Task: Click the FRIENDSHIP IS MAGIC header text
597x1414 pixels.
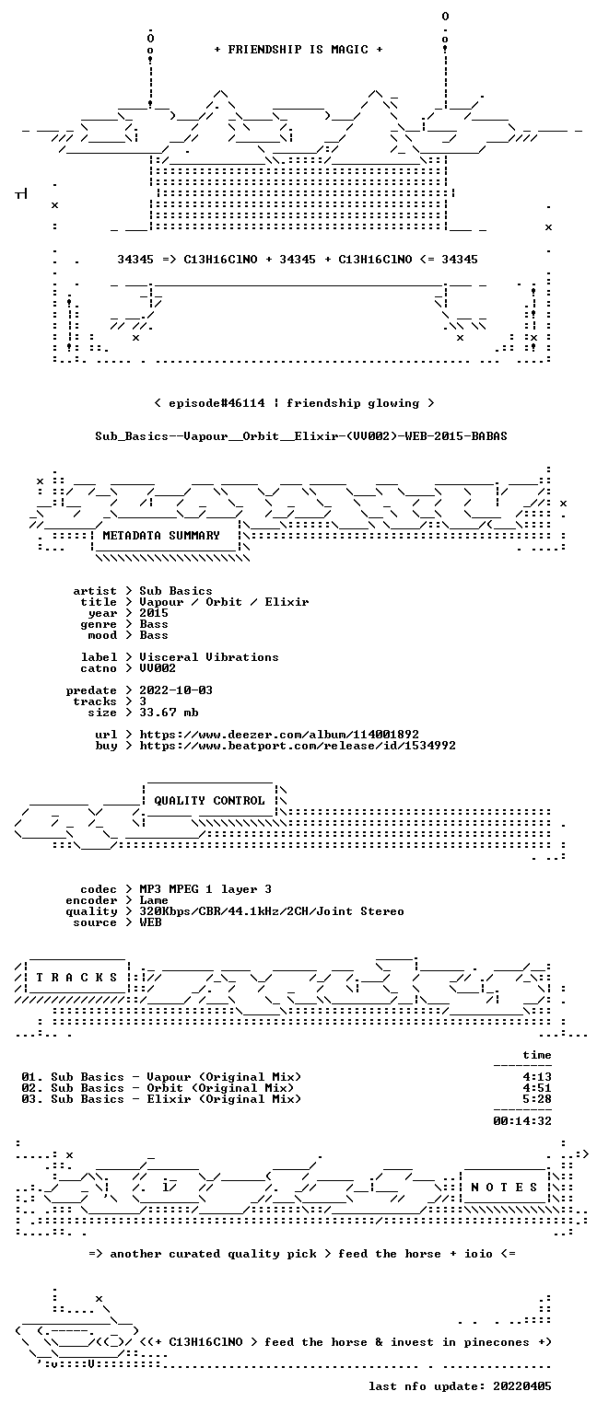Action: click(298, 50)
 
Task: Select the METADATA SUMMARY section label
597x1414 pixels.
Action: click(161, 535)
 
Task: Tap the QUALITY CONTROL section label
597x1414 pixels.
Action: click(209, 800)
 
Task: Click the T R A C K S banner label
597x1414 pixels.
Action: click(76, 977)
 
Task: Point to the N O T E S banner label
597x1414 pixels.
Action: click(504, 1188)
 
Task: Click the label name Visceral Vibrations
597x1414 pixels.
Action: click(209, 657)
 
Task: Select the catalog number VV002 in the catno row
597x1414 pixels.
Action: click(158, 667)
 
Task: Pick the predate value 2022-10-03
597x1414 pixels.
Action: click(176, 690)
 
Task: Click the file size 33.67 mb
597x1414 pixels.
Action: click(169, 712)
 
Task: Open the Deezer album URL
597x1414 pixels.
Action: click(279, 734)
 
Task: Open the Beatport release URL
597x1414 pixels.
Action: click(298, 746)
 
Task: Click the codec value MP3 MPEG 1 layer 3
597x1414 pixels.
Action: click(205, 888)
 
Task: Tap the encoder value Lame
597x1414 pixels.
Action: click(154, 900)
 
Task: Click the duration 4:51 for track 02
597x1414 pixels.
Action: click(537, 1087)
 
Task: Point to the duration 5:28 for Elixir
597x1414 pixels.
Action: click(537, 1099)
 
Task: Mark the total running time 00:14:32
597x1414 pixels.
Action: click(522, 1121)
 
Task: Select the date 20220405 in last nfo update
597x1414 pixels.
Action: click(522, 1386)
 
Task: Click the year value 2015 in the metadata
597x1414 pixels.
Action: click(154, 613)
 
